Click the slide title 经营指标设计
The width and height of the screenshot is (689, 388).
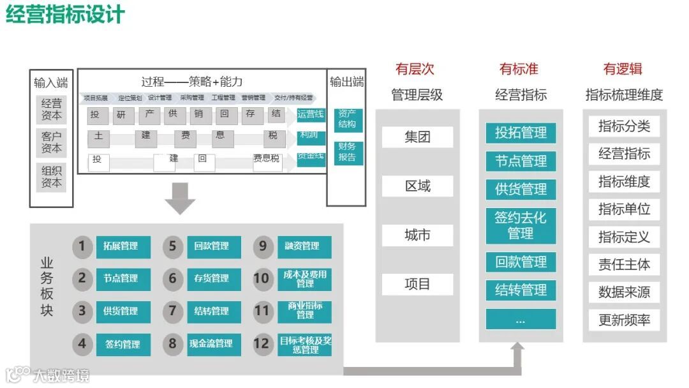coord(66,14)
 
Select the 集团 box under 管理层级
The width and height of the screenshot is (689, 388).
coord(417,137)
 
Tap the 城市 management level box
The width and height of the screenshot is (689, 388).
coord(417,235)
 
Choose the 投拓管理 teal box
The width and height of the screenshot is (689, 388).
coord(521,133)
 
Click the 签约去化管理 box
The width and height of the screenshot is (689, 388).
coord(521,225)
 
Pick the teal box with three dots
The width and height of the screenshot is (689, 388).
coord(521,318)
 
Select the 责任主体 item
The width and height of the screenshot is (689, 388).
coord(624,264)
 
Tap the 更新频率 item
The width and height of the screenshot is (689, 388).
coord(624,320)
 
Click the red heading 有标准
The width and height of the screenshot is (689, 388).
coord(519,69)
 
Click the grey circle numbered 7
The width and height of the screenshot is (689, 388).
coord(172,311)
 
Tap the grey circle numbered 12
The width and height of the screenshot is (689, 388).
coord(262,344)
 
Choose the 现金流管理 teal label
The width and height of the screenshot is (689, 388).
coord(214,344)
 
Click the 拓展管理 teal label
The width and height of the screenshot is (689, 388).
coord(123,246)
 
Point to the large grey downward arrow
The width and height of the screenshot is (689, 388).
coord(180,198)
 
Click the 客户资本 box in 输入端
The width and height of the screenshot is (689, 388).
coord(52,142)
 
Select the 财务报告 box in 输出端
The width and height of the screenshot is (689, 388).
coord(348,152)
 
